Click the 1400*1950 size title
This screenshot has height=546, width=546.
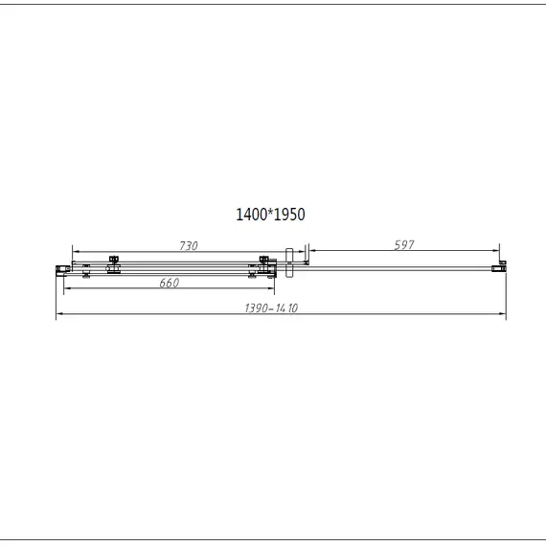coord(270,215)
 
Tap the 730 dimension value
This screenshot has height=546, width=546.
coord(189,246)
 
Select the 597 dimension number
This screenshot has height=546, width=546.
coord(404,245)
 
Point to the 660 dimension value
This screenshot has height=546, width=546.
coord(170,283)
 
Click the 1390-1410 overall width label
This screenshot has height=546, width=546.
coord(271,308)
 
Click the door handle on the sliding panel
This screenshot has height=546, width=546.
coord(289,262)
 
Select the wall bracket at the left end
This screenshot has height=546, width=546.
coord(62,270)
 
